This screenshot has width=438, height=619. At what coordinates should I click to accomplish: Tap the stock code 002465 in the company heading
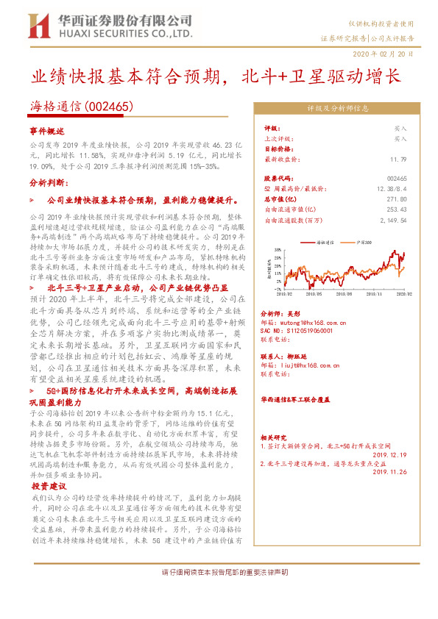[x=110, y=106]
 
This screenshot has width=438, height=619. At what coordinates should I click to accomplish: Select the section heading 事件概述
[x=48, y=130]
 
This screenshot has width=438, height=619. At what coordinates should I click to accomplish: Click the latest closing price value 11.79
[x=398, y=158]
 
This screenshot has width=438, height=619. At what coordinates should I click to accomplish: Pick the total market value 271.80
[x=396, y=198]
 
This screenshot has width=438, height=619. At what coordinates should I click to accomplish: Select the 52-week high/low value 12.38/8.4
[x=391, y=188]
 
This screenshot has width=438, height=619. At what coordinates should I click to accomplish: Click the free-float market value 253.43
[x=396, y=209]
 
